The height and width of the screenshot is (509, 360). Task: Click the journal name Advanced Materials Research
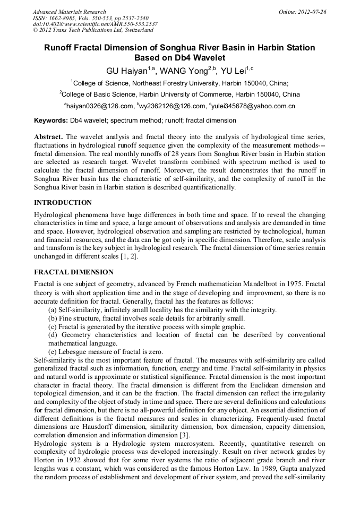pos(69,12)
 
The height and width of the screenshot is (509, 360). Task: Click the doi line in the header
pos(95,24)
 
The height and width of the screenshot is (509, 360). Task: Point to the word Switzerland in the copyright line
pos(136,31)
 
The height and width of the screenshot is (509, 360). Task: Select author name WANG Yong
pos(184,71)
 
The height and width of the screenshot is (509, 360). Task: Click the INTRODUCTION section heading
pos(63,203)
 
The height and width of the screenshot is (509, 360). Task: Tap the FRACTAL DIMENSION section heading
pos(74,272)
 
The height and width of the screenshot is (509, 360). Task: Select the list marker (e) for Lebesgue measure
pos(53,352)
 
